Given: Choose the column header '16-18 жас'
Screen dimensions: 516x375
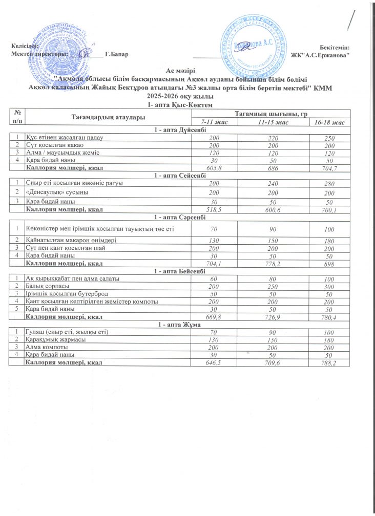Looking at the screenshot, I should tap(329, 123).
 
